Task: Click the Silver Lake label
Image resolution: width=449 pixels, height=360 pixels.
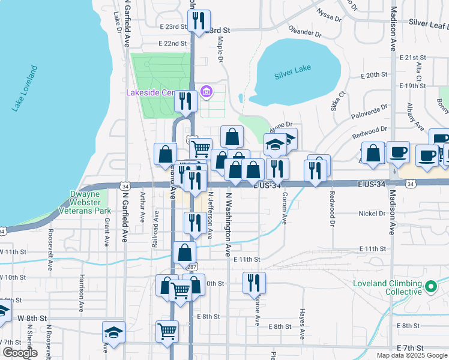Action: pyautogui.click(x=292, y=69)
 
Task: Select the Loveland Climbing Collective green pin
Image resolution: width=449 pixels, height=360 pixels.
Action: pyautogui.click(x=430, y=287)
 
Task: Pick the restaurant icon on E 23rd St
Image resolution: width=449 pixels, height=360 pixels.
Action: pyautogui.click(x=199, y=20)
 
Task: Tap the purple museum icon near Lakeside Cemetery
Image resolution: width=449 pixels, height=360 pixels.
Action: pyautogui.click(x=206, y=92)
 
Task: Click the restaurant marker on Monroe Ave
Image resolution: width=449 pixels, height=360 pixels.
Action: pyautogui.click(x=254, y=283)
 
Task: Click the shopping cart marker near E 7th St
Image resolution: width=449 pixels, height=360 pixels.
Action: pyautogui.click(x=167, y=331)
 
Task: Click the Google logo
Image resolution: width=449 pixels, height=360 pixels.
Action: pyautogui.click(x=20, y=353)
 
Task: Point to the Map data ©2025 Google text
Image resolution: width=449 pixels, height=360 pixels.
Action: pyautogui.click(x=412, y=355)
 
